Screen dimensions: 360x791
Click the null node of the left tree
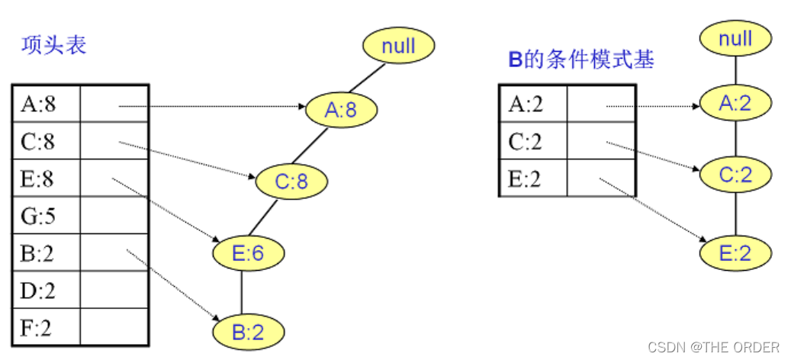click(398, 46)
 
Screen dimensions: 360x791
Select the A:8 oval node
click(342, 111)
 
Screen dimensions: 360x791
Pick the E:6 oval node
click(248, 252)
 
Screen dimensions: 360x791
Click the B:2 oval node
click(248, 332)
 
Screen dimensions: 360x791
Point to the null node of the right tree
click(735, 38)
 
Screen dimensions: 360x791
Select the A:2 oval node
click(735, 103)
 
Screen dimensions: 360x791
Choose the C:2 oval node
click(735, 175)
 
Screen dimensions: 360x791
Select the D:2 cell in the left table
click(44, 291)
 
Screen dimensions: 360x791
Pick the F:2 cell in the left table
click(44, 328)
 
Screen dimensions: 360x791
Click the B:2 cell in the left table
click(44, 253)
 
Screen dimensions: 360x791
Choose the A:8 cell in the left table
click(44, 104)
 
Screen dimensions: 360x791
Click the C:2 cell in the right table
click(532, 142)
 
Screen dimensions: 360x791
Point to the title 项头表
click(53, 45)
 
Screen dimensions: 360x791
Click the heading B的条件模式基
click(581, 59)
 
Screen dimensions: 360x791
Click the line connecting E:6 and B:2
click(242, 292)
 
